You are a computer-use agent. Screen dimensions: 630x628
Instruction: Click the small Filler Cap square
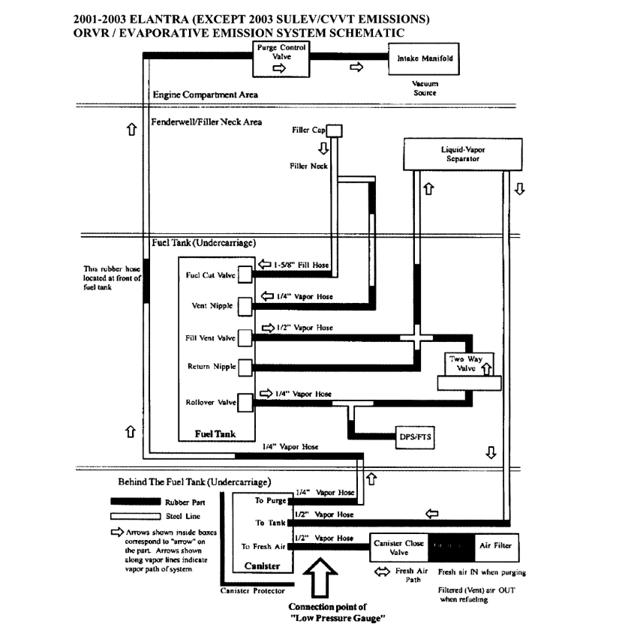point(334,130)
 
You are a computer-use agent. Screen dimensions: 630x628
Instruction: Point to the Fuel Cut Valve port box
point(246,275)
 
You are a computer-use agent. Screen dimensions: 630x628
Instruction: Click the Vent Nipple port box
point(246,306)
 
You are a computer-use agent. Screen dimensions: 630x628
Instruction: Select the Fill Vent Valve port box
point(246,337)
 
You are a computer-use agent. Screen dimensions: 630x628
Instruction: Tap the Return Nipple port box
point(246,367)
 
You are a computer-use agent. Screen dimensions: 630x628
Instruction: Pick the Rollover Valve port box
point(246,403)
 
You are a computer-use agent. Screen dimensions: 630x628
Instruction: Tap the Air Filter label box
point(495,546)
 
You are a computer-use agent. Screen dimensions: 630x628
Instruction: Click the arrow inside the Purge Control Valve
point(278,67)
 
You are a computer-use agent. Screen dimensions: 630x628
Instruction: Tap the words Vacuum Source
point(425,88)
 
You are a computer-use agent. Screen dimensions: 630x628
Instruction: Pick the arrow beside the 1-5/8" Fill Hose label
point(265,265)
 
